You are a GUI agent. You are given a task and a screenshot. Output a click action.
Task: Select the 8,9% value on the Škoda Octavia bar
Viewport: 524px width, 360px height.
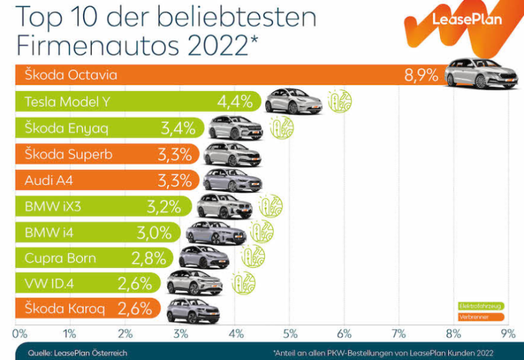pos(421,75)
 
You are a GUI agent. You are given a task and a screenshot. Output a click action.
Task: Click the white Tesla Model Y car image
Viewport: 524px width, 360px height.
pos(293,101)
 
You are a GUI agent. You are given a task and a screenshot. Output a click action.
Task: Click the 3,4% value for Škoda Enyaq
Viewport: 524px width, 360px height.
pos(178,128)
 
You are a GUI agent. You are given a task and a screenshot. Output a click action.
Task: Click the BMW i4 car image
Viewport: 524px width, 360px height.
pos(215,232)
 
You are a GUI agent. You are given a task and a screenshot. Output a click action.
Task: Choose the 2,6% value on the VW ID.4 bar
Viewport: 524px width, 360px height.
pos(135,283)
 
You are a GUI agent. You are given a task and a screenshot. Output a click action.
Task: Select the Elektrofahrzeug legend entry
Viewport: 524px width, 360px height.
pos(479,306)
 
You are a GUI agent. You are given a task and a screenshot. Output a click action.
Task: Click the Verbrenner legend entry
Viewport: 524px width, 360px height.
pos(479,317)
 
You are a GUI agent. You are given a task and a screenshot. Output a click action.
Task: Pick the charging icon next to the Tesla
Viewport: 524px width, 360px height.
pos(340,101)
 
